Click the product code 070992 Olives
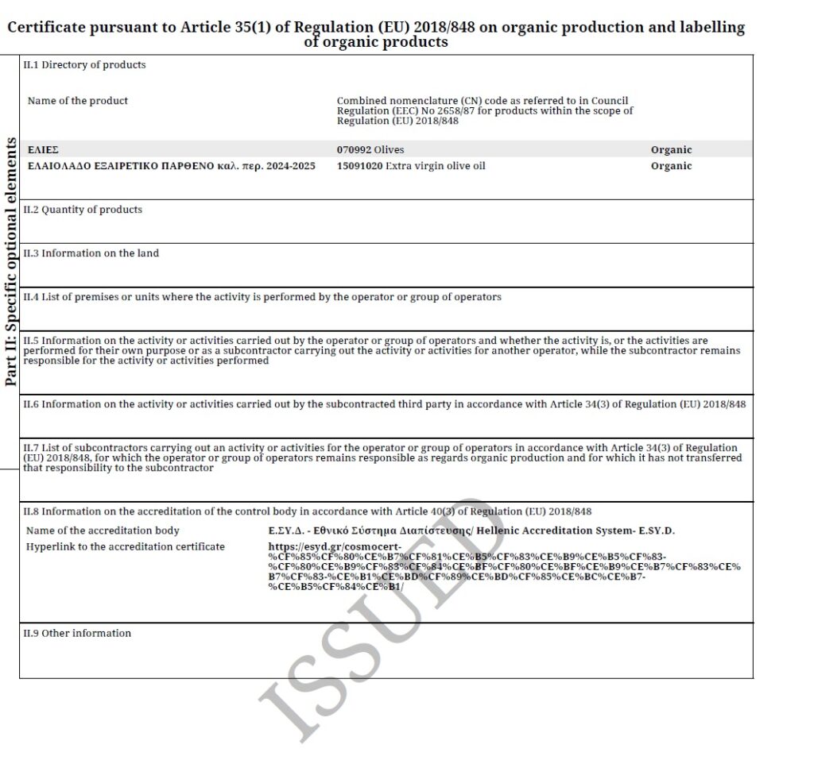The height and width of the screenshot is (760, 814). coord(370,149)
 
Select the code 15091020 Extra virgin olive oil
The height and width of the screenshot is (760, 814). coord(411,166)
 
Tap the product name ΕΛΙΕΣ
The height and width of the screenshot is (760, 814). coord(43,149)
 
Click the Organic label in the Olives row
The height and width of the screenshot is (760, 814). coord(671,149)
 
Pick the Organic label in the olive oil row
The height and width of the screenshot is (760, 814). coord(671,166)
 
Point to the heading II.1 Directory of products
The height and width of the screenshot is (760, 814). coord(84,65)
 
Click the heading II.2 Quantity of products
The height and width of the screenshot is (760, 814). coord(83,210)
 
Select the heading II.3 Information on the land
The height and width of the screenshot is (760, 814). coord(91,253)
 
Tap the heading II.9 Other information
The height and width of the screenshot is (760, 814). coord(77,633)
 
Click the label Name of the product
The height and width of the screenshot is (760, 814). coord(77,101)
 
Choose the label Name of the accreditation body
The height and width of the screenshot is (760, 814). coord(103,530)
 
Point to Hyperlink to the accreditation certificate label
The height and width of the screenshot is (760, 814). coord(125,546)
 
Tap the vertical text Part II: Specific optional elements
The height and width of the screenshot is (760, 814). coord(11,262)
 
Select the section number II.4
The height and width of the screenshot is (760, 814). coord(31,297)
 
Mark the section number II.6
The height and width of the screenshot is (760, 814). coord(31,404)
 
